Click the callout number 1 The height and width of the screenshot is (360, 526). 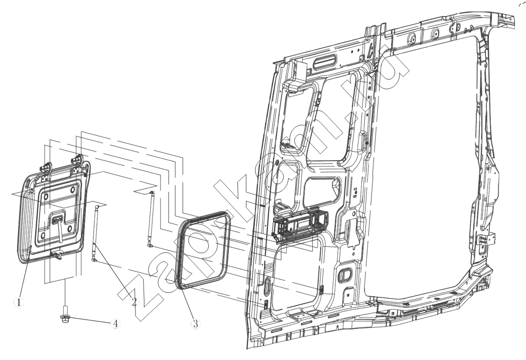coord(19,302)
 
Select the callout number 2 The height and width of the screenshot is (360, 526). coord(134,302)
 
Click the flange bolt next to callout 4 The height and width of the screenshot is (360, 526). coord(65,315)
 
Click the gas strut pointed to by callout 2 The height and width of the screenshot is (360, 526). coord(95,233)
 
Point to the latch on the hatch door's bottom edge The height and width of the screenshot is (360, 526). coord(56,256)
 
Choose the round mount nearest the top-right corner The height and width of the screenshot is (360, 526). coord(435,33)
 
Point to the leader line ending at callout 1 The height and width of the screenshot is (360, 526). coord(26,272)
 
